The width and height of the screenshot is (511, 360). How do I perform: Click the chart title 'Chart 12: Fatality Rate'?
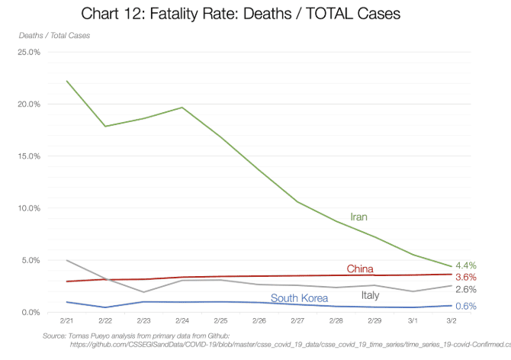click(240, 13)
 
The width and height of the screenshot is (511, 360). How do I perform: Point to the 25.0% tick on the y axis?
click(28, 52)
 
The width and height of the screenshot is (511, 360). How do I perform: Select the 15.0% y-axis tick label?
click(28, 156)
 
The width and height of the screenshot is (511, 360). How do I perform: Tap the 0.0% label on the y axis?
click(31, 312)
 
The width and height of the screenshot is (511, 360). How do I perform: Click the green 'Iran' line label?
click(358, 217)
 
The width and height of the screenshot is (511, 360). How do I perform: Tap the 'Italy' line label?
click(370, 295)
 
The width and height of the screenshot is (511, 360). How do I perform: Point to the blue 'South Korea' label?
click(300, 298)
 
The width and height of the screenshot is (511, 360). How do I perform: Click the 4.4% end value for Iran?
click(466, 265)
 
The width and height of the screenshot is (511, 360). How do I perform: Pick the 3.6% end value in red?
click(466, 277)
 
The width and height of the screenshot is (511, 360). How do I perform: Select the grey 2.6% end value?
click(466, 290)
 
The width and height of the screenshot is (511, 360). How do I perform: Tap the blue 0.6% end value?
click(466, 307)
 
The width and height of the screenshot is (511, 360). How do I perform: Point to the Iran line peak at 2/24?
click(182, 108)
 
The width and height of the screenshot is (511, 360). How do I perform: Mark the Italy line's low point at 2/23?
click(143, 292)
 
